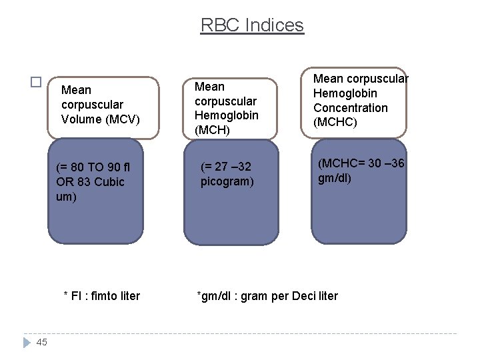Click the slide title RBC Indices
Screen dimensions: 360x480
[x=252, y=25]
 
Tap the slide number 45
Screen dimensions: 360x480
[x=42, y=342]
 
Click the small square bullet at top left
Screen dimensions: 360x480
[x=36, y=83]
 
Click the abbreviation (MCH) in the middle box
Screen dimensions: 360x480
[x=212, y=130]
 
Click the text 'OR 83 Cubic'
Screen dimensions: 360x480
[x=90, y=182]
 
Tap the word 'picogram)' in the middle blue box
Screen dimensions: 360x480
[x=227, y=181]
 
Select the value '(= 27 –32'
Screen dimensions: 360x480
[x=225, y=167]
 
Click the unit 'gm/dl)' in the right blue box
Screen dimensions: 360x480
[x=335, y=178]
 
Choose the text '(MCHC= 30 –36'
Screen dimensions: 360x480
[x=361, y=163]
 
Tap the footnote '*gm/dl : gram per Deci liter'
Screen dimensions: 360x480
[x=267, y=295]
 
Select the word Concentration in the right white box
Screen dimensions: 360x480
[x=350, y=108]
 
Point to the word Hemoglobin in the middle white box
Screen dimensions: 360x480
[x=227, y=115]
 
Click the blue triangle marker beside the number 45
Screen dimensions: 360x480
[x=27, y=342]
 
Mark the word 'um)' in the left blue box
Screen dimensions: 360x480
[x=67, y=197]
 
